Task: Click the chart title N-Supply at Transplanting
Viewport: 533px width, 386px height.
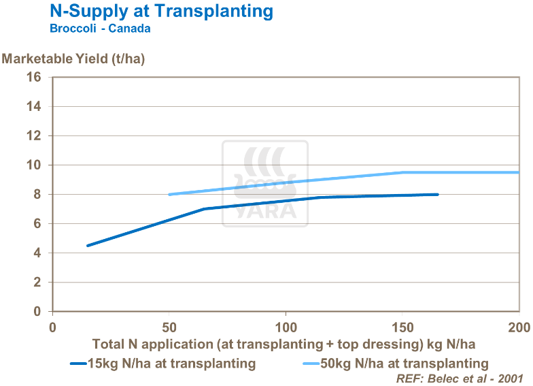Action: (162, 12)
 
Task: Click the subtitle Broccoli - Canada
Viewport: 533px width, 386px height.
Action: (100, 29)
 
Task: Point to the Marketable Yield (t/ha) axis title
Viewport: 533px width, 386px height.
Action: (73, 59)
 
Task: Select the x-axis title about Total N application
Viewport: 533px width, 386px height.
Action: (283, 344)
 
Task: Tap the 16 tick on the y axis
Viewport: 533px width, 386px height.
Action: (35, 78)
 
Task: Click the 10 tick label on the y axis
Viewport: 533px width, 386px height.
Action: (35, 165)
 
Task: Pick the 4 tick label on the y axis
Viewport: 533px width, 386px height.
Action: (38, 253)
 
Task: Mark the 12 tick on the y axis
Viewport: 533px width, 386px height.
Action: (35, 136)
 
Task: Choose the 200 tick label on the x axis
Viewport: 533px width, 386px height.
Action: (519, 326)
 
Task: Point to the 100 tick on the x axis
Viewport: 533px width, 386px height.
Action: (286, 326)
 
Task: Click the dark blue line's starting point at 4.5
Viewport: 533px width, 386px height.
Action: (88, 246)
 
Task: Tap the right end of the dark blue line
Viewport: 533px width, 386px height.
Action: (438, 194)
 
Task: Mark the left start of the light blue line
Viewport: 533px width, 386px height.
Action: (169, 195)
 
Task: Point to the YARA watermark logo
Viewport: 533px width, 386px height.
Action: (265, 184)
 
